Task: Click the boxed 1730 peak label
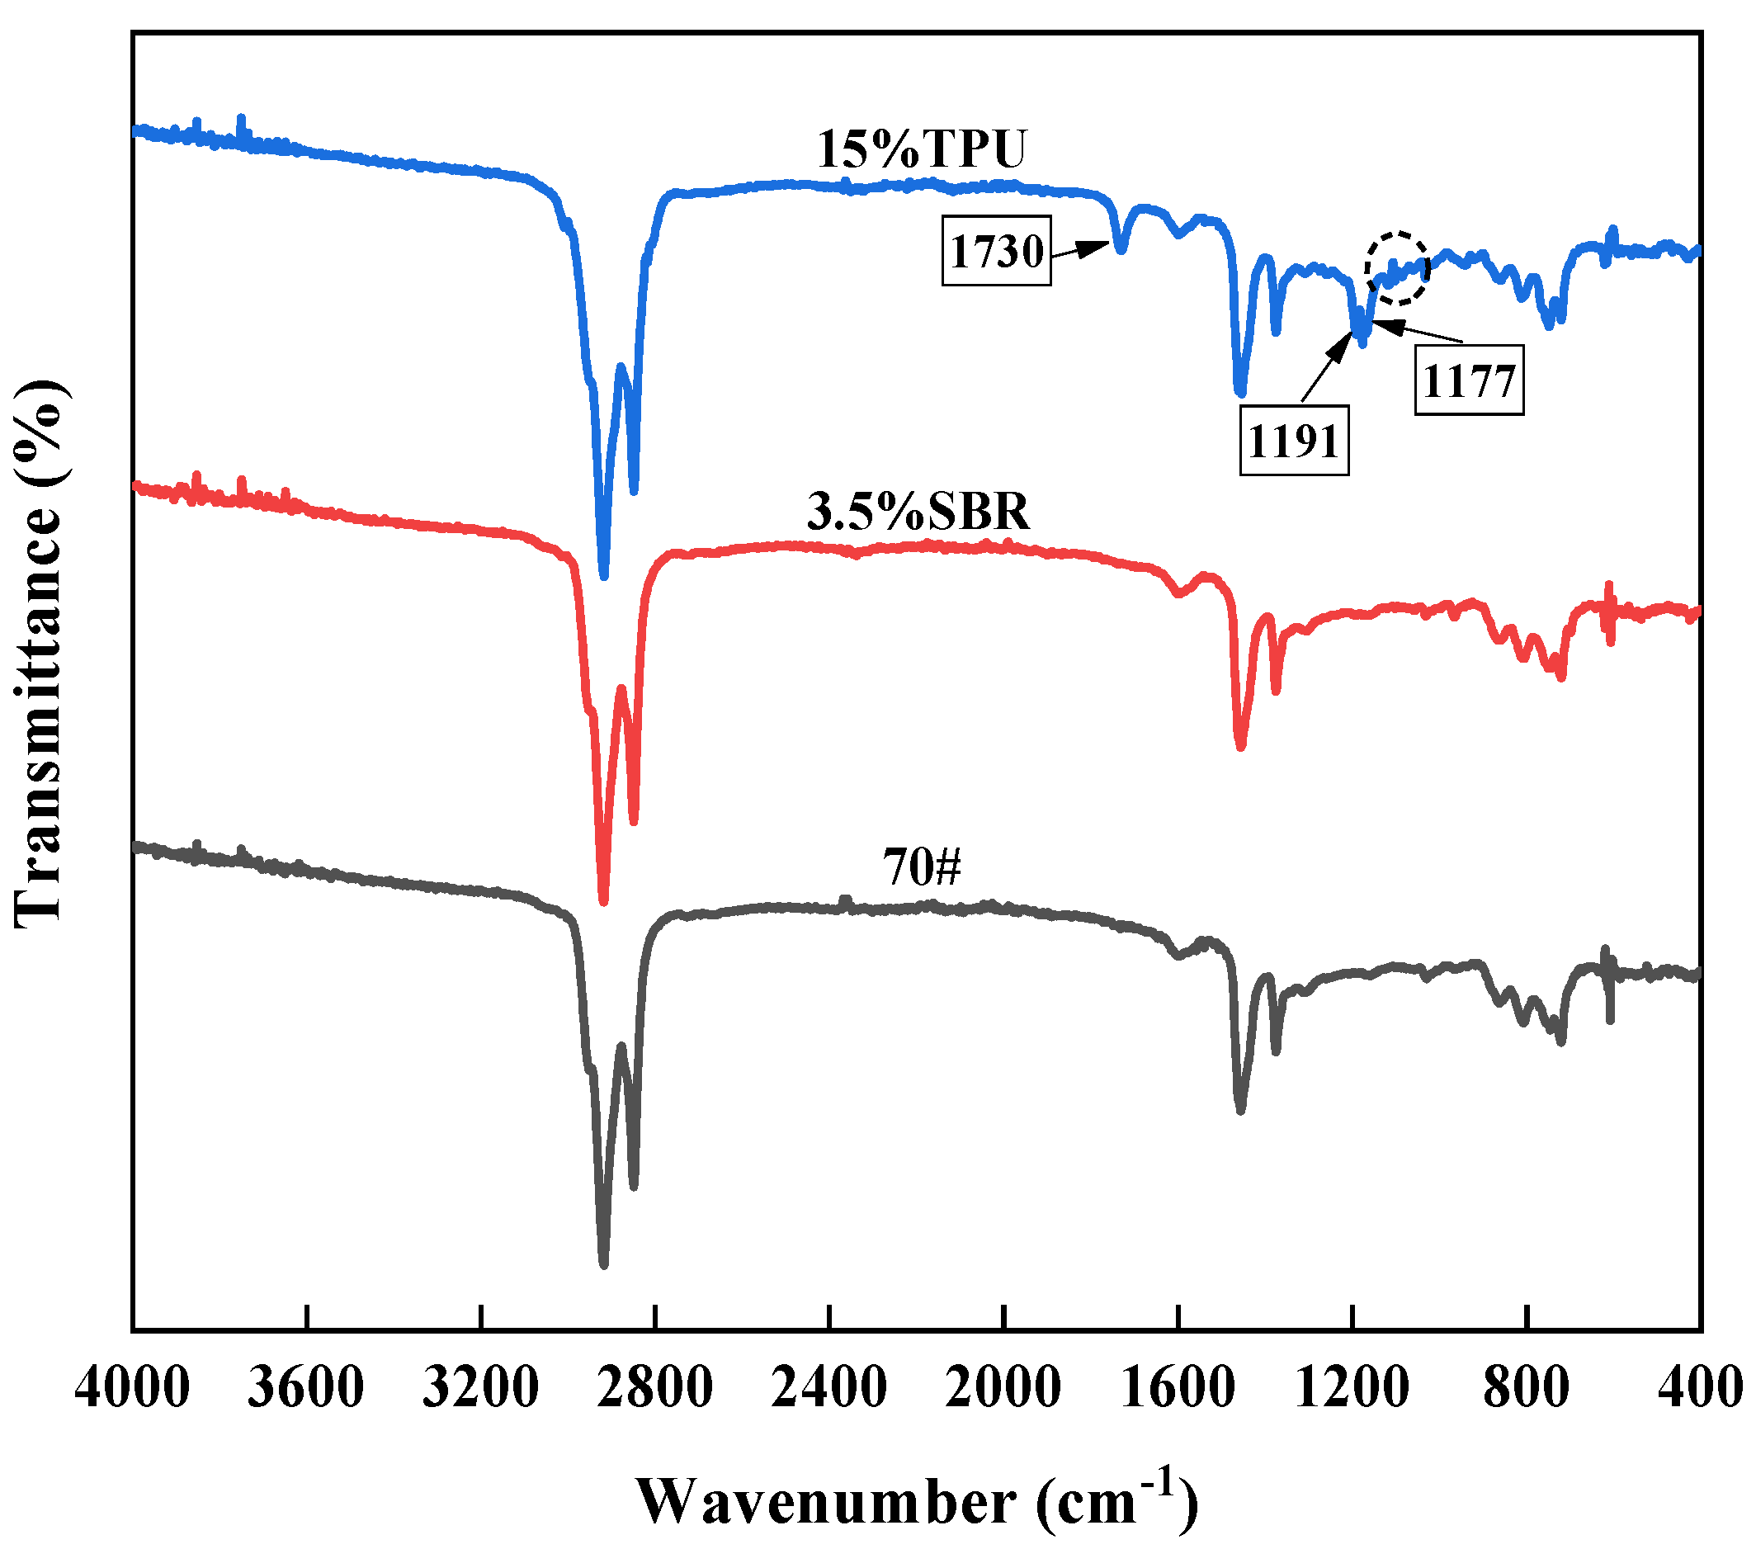[996, 250]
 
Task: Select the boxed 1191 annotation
[1293, 441]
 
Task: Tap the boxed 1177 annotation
[1469, 380]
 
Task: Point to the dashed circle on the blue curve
[1397, 267]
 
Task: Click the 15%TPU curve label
[921, 149]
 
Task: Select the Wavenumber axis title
[917, 1499]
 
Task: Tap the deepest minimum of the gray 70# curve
[603, 1263]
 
